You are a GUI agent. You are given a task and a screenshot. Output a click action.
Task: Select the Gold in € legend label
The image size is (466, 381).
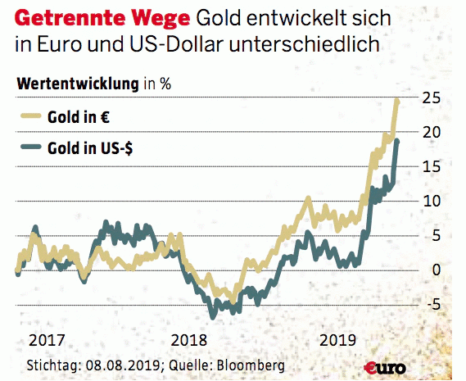[83, 117]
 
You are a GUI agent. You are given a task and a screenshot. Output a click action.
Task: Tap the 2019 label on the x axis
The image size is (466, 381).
[337, 339]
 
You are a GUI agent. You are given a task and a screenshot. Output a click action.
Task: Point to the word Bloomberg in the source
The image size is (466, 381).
[245, 364]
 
